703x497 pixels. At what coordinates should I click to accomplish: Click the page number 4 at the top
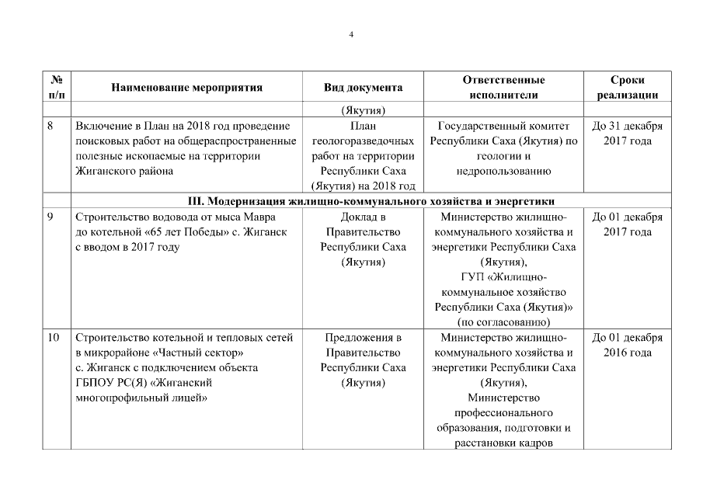[351, 35]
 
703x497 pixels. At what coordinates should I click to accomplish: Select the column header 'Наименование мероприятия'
[186, 88]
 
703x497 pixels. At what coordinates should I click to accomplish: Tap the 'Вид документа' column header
[363, 88]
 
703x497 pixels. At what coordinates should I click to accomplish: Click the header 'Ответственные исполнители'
[503, 88]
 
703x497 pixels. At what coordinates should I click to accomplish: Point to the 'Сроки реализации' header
[628, 88]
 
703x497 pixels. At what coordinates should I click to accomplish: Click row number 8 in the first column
[50, 126]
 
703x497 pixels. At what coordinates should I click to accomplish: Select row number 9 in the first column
[50, 217]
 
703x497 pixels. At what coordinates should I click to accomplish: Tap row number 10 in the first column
[53, 338]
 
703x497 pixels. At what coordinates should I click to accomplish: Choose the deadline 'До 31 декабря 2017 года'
[628, 134]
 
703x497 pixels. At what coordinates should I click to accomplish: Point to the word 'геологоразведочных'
[363, 141]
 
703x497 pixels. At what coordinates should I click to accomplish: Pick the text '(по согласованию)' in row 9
[503, 322]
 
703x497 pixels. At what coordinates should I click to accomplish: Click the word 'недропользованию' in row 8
[503, 172]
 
